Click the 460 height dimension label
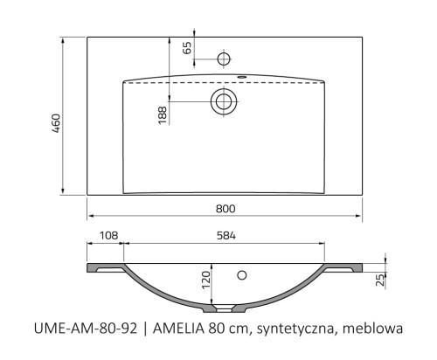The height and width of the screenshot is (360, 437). click(x=56, y=123)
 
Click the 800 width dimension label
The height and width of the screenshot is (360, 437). click(x=225, y=209)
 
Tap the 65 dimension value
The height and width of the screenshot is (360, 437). click(x=187, y=48)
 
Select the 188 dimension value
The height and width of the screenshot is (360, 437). click(x=163, y=115)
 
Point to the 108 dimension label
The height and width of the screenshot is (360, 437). click(x=108, y=235)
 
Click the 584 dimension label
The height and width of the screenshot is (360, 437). click(x=226, y=235)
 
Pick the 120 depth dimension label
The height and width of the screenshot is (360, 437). click(x=206, y=280)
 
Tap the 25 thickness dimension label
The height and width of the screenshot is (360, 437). click(x=380, y=280)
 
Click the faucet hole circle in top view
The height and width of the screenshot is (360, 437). click(x=224, y=59)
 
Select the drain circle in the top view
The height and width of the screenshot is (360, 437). click(x=224, y=101)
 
